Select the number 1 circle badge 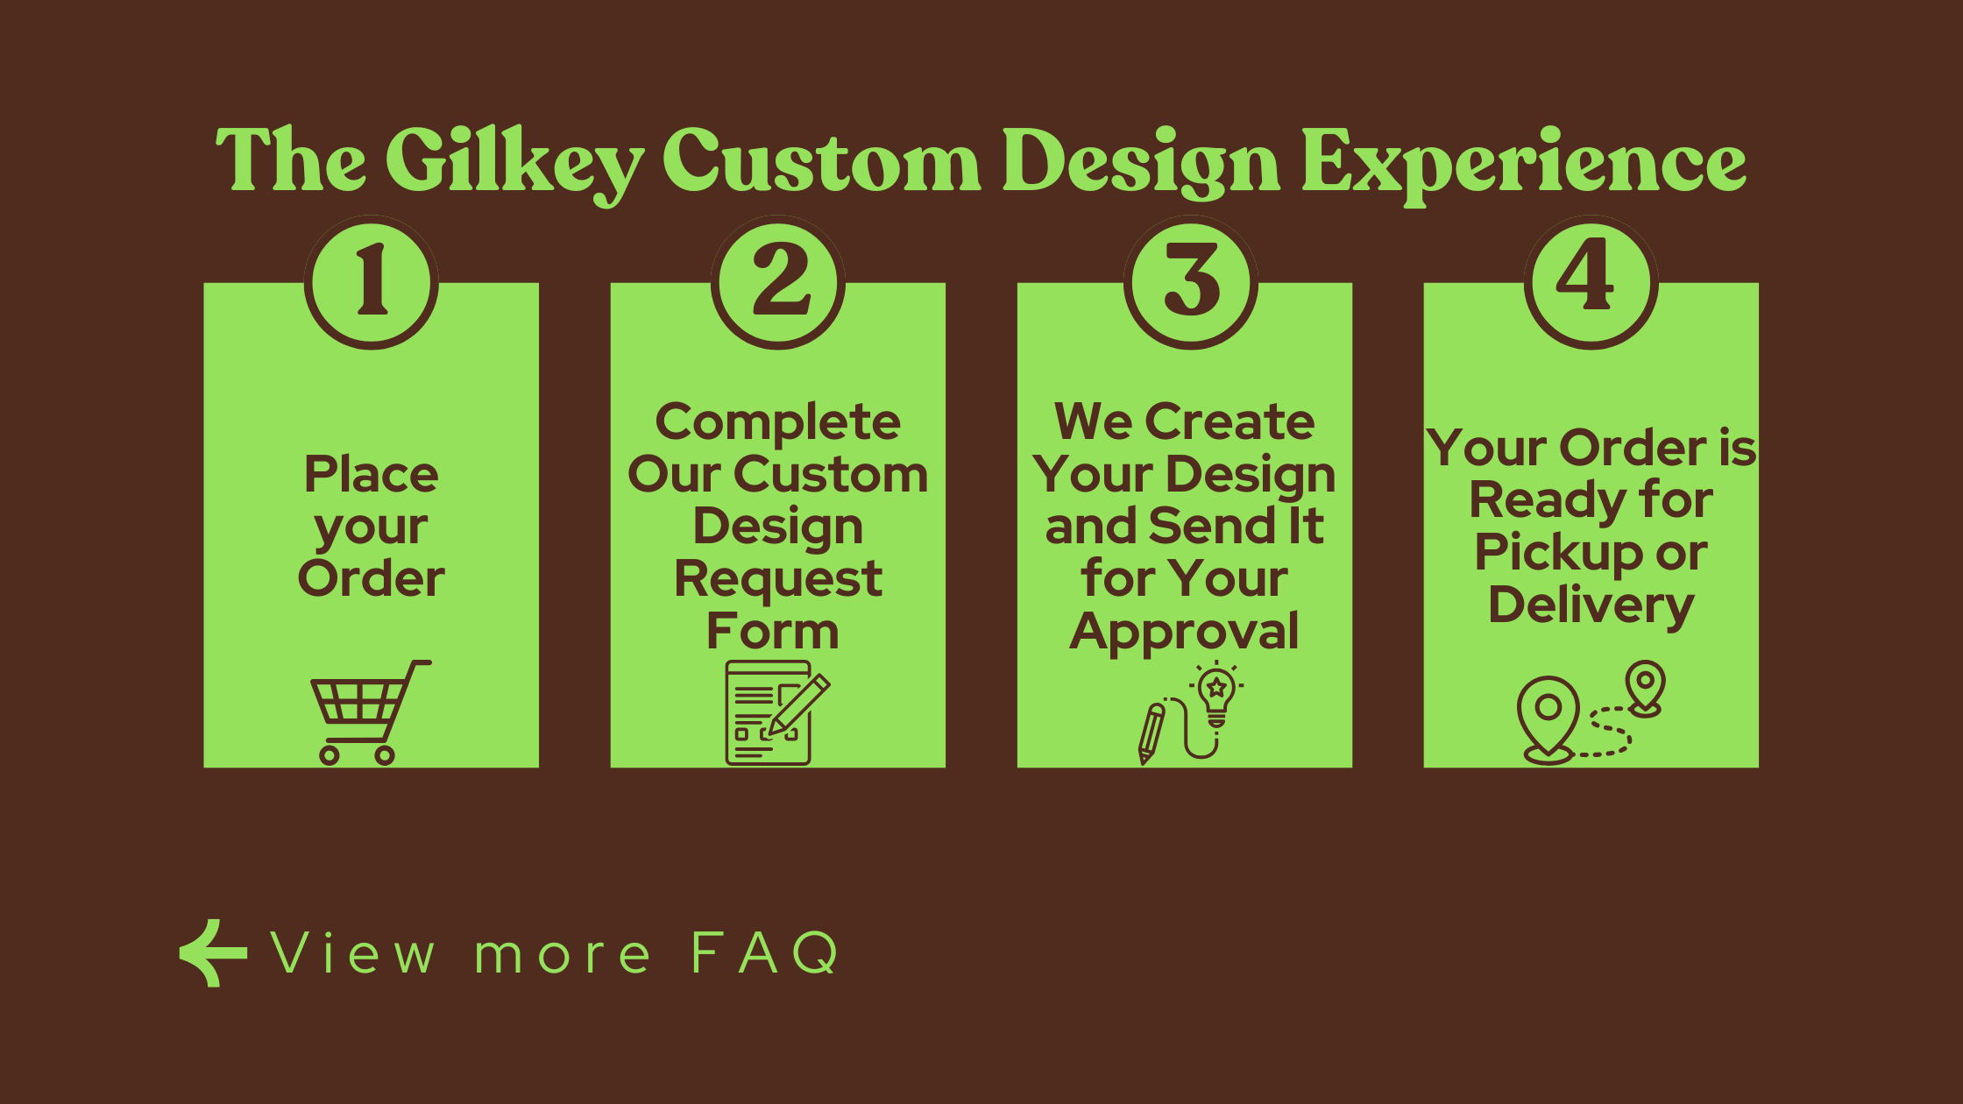[372, 282]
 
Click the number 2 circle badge [778, 282]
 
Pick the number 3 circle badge [1191, 282]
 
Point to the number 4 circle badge [1591, 282]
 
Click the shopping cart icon [371, 712]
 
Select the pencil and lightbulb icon [1190, 712]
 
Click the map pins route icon [1591, 712]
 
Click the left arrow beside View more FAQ [213, 953]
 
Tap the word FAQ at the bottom [765, 953]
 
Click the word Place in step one [372, 475]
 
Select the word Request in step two [778, 580]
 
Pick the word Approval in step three [1185, 633]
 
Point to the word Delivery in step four [1591, 606]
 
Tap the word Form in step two [773, 631]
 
